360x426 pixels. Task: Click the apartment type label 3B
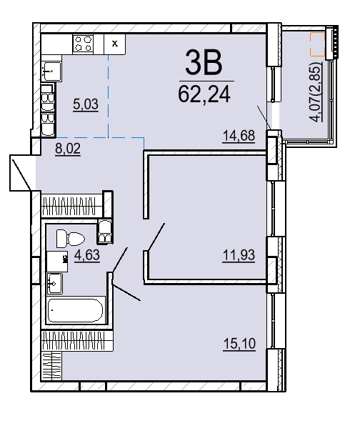point(204,64)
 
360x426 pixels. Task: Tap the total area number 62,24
point(204,94)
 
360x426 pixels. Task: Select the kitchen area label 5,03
point(86,104)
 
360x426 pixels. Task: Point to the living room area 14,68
point(239,136)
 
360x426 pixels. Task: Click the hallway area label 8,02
point(68,149)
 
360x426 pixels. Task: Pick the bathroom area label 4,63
point(87,255)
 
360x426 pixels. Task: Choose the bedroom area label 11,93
point(239,255)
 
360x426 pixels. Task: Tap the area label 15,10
point(239,344)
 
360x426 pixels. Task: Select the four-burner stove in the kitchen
point(83,44)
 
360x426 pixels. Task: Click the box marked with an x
point(115,44)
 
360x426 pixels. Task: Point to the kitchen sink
point(51,71)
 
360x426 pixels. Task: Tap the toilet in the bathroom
point(70,239)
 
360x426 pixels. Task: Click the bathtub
point(76,310)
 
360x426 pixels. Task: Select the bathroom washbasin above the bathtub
point(54,283)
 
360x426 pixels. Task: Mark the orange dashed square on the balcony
point(318,44)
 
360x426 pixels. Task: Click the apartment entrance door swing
point(21,174)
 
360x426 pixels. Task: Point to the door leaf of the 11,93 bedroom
point(156,237)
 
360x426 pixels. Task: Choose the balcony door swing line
point(264,117)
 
